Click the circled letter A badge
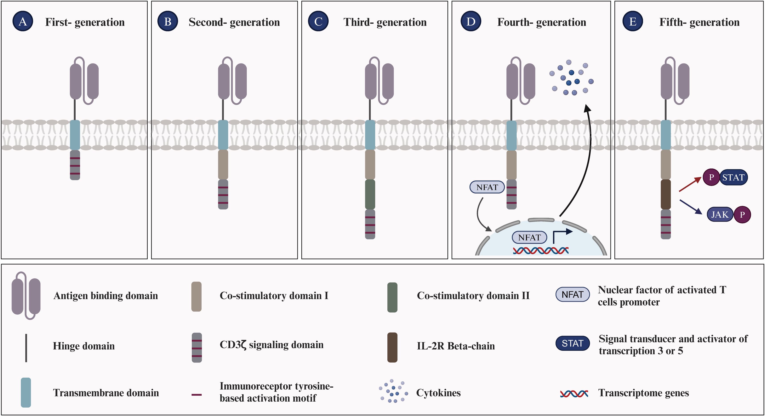click(x=23, y=21)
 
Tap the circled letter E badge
click(x=633, y=21)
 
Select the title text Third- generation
click(x=385, y=22)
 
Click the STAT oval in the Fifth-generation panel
click(x=733, y=177)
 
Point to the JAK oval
click(x=720, y=214)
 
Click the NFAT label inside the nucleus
click(x=529, y=237)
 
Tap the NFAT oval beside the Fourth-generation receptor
click(x=487, y=187)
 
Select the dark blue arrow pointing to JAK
click(x=690, y=207)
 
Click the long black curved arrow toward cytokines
click(x=584, y=166)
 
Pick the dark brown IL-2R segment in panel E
click(x=666, y=194)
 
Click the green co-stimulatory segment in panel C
click(x=370, y=194)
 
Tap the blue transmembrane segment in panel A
click(x=75, y=135)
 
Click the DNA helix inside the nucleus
click(x=541, y=251)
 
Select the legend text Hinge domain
click(x=84, y=346)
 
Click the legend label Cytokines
click(x=438, y=393)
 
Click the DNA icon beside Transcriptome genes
click(x=574, y=394)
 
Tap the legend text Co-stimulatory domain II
click(x=473, y=296)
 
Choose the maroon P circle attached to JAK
click(x=742, y=215)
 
